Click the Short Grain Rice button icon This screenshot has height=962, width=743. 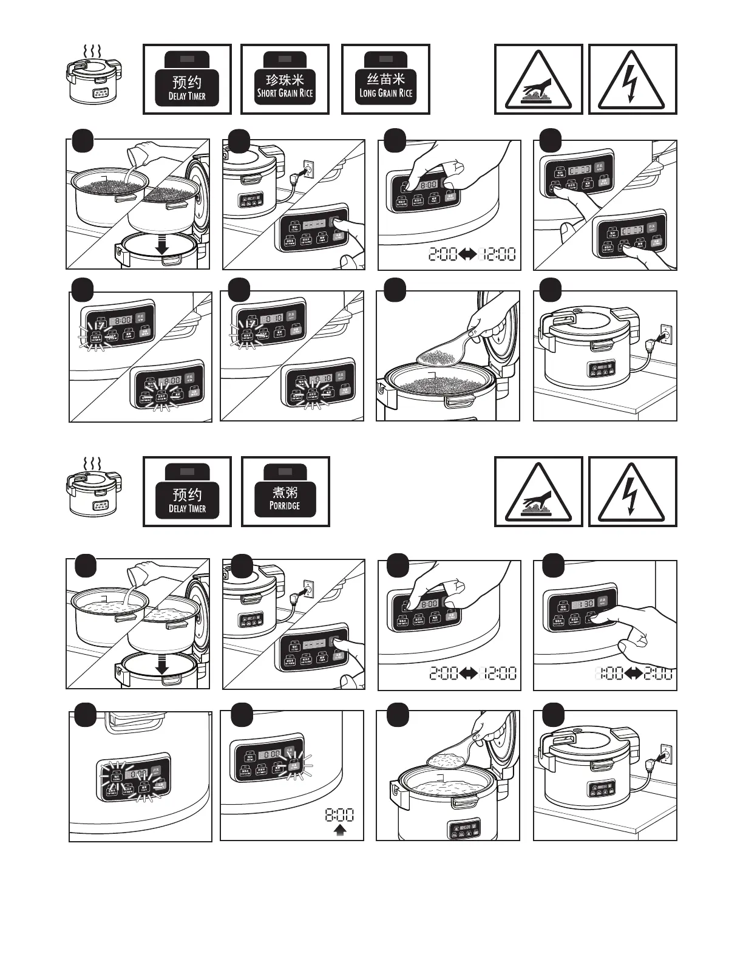[x=285, y=79]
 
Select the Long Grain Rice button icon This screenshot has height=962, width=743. [x=385, y=79]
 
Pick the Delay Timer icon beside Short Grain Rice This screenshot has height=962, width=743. [x=187, y=79]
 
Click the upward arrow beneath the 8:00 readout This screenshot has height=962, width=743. [x=340, y=830]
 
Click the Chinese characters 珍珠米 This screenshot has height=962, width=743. [x=285, y=80]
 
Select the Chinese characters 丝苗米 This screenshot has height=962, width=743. [x=385, y=79]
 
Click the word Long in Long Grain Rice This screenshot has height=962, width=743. [x=368, y=93]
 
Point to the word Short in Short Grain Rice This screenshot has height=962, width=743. [x=267, y=93]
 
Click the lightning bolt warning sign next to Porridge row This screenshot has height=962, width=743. [x=633, y=493]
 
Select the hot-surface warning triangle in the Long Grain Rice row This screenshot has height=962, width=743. [x=538, y=81]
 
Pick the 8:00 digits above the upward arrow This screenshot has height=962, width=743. [x=340, y=814]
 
